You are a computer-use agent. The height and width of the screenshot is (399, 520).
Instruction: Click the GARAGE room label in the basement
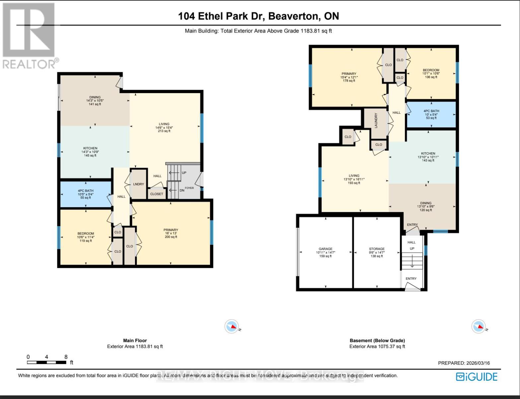tap(325, 249)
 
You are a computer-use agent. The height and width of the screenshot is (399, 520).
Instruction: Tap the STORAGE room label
tap(377, 249)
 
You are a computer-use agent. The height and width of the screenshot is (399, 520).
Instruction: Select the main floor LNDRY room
tap(139, 184)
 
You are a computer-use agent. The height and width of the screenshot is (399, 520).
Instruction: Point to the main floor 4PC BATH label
tap(86, 191)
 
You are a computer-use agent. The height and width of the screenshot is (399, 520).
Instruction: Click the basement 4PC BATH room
tap(431, 111)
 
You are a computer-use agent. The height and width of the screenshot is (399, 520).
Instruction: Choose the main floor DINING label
tap(95, 97)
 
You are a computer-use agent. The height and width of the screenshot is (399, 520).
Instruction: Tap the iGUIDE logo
tap(477, 377)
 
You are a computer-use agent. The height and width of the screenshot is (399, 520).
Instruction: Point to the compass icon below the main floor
tap(232, 327)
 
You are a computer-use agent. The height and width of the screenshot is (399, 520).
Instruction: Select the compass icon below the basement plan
tap(479, 327)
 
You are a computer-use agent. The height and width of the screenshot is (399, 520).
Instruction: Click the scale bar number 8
tap(66, 357)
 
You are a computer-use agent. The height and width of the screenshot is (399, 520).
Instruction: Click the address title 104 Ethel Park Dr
tap(259, 16)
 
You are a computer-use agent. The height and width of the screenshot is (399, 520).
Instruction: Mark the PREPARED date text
tap(464, 363)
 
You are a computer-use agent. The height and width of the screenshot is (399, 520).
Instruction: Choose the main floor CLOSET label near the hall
tap(157, 194)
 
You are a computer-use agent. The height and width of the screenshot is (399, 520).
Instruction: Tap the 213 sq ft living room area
tap(164, 131)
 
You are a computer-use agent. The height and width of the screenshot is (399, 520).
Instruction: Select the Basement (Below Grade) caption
tap(377, 340)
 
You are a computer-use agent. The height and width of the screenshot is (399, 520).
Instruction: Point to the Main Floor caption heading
tap(135, 340)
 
